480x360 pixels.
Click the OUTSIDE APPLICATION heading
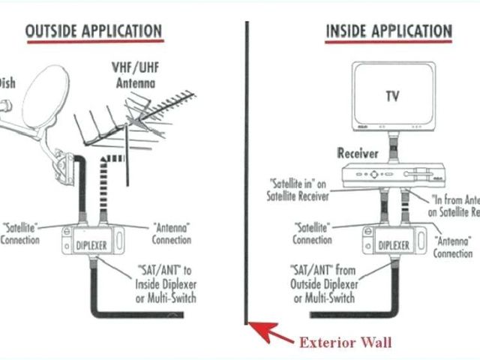pos(93,31)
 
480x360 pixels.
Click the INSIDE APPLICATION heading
pos(388,31)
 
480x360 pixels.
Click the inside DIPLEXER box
pos(392,244)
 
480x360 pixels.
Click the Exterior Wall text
pos(345,343)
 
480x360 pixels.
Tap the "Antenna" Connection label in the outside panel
pos(172,232)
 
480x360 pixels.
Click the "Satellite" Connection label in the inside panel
pos(313,233)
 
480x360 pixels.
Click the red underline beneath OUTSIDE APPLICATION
pos(93,43)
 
